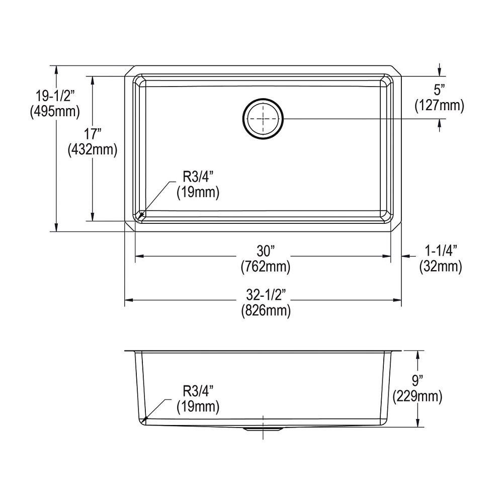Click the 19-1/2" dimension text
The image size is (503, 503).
click(x=55, y=96)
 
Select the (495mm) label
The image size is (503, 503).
click(x=55, y=111)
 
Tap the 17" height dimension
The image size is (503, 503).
click(x=93, y=133)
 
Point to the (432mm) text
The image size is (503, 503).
click(x=93, y=149)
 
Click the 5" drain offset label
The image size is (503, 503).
click(x=439, y=90)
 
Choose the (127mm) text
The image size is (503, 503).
click(x=439, y=105)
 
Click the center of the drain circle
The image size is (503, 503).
click(x=263, y=119)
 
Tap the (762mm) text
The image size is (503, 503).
click(x=266, y=267)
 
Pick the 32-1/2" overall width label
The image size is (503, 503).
click(x=266, y=294)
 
